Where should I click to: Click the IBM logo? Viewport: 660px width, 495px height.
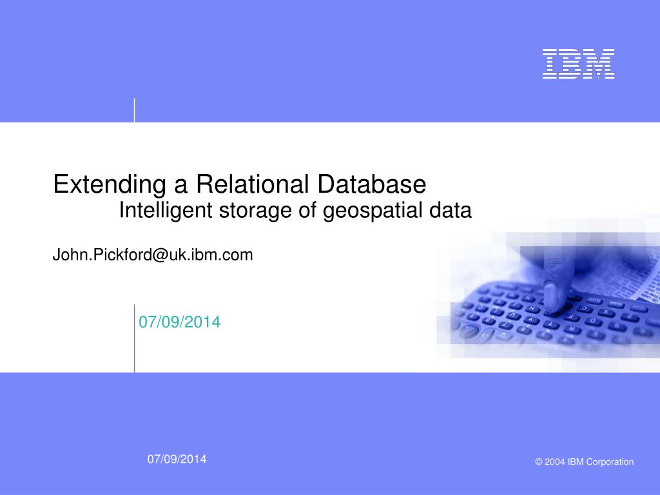578,64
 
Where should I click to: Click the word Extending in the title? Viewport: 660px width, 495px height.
110,185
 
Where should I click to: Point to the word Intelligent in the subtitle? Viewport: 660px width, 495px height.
166,211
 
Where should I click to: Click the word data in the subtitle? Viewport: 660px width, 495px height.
451,210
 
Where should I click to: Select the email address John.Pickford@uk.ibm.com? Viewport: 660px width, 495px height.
153,255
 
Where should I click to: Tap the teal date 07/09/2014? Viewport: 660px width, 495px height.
180,322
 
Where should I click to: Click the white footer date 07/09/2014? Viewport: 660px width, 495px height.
177,459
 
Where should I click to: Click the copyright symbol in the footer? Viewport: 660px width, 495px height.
539,461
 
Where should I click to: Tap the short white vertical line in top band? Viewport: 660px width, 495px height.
135,110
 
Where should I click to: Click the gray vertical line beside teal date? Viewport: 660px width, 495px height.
135,338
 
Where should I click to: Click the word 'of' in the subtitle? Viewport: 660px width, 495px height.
307,210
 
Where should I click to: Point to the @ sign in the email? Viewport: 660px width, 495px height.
160,255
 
